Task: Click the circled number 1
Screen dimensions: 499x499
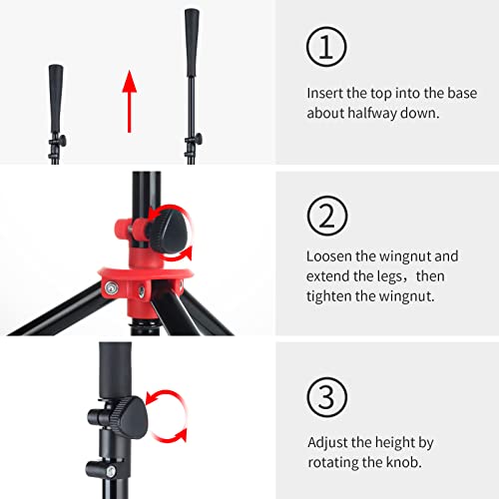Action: [326, 47]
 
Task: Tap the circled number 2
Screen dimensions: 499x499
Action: [327, 216]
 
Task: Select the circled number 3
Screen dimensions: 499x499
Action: [327, 397]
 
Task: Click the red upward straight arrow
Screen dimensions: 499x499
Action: [130, 102]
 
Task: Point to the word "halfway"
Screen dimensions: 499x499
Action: [372, 113]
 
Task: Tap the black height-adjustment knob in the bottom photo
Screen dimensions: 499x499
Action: [129, 417]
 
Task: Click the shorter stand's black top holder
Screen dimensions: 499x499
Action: [56, 99]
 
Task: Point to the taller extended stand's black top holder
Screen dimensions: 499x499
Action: [192, 43]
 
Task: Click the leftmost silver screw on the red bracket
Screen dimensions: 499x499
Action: [111, 287]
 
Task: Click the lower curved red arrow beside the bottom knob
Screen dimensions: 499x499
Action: [170, 437]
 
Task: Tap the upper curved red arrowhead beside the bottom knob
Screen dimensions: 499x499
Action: [151, 399]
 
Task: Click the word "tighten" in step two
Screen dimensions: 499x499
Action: [328, 296]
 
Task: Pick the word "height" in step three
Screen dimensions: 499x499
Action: [394, 443]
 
